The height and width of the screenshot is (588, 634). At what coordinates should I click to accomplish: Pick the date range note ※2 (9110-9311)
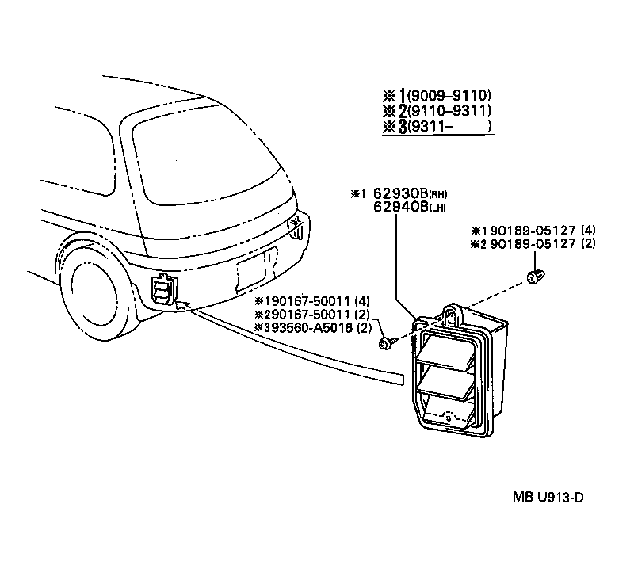point(436,112)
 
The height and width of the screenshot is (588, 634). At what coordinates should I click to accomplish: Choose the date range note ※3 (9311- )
point(436,127)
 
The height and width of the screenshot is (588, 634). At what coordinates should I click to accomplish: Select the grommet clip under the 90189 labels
point(533,277)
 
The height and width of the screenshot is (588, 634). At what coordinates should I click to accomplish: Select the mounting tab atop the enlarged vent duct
point(453,313)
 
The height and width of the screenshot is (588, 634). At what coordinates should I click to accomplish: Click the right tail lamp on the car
point(296,227)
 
